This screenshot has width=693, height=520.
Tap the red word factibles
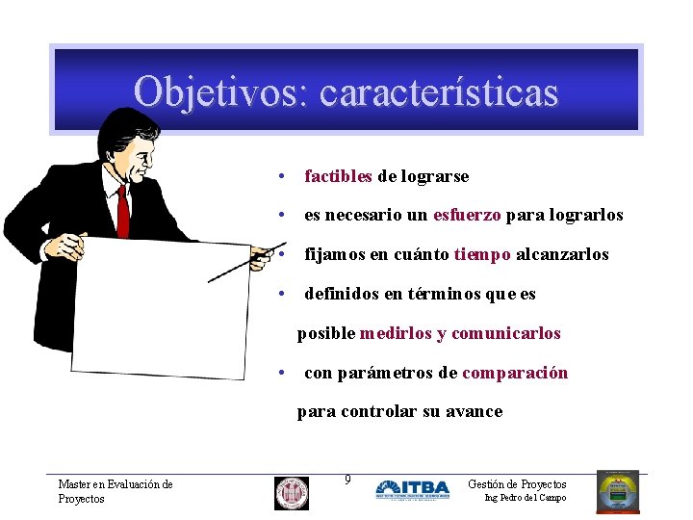(x=338, y=176)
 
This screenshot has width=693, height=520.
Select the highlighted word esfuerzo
(x=467, y=215)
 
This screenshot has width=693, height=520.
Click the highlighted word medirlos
(x=396, y=333)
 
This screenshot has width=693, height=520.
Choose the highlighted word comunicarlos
(x=505, y=333)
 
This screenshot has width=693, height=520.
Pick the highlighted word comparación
(x=515, y=373)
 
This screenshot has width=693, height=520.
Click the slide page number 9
(x=347, y=480)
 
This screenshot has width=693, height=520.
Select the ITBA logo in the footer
(x=412, y=489)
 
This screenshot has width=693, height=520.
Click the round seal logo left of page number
(x=291, y=492)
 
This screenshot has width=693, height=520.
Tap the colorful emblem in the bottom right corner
(x=618, y=491)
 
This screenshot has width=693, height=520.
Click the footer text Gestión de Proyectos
(x=517, y=484)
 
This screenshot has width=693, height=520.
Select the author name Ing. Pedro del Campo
(x=526, y=498)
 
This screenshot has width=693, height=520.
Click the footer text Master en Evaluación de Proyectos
(x=115, y=491)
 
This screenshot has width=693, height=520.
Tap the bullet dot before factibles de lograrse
(x=279, y=176)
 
